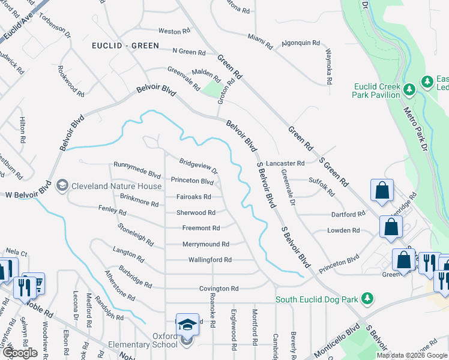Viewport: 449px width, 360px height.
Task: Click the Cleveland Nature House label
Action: (x=116, y=186)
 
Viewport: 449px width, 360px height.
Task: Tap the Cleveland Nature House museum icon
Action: (x=61, y=186)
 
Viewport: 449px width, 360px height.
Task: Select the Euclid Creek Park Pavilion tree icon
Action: (x=409, y=90)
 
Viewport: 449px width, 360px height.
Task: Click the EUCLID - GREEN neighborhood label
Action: (x=125, y=46)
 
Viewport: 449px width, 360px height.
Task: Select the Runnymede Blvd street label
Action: (x=137, y=170)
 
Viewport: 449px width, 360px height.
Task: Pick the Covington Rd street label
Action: (x=208, y=289)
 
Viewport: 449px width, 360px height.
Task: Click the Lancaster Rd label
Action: (x=286, y=163)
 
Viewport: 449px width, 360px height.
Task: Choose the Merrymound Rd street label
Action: (x=206, y=244)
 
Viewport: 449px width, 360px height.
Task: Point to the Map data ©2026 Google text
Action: (x=412, y=355)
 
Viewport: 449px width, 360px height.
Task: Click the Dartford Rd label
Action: (x=348, y=214)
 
